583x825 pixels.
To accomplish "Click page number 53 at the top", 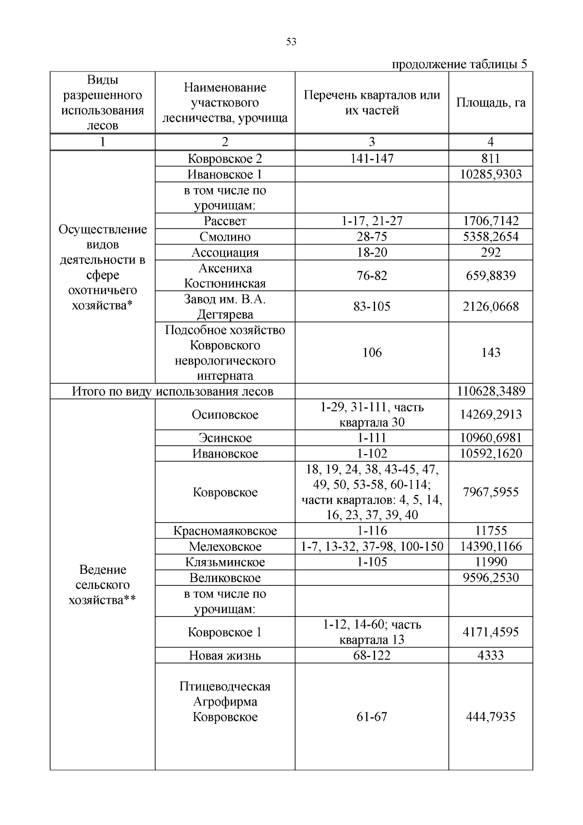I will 291,42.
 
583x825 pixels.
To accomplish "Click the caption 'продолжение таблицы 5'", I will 459,65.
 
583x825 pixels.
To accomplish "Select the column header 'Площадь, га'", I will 490,103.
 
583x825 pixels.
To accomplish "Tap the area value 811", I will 490,158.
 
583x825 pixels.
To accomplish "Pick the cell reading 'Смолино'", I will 225,237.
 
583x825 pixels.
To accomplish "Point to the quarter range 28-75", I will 372,237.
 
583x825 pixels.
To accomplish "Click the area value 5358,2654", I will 490,237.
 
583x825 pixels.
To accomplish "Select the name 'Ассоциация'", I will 225,252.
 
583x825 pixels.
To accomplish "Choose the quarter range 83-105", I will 372,306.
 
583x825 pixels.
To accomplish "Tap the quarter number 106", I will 372,352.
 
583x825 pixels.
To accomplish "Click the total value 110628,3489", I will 491,391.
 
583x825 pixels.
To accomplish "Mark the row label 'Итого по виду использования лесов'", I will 172,391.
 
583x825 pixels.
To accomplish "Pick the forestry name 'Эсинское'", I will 225,438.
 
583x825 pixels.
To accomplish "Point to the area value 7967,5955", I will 491,492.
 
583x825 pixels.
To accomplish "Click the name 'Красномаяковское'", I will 225,530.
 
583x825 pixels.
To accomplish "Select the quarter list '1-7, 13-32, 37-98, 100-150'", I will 372,546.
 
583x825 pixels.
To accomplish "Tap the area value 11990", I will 491,562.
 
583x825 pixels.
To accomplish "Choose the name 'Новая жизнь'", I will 225,655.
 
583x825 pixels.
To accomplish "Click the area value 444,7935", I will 491,717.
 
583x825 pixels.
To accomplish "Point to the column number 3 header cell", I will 372,141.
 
